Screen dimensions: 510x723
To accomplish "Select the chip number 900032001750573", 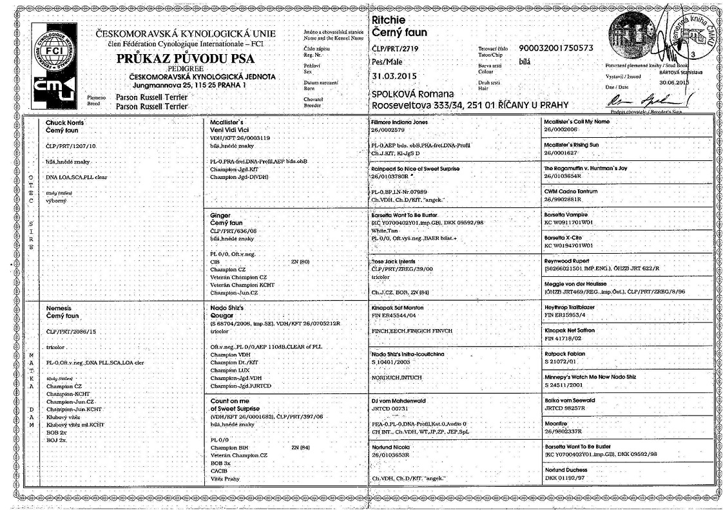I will pos(555,48).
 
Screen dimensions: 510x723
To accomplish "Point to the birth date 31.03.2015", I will pos(394,76).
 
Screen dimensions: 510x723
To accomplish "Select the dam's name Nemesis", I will pos(60,309).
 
